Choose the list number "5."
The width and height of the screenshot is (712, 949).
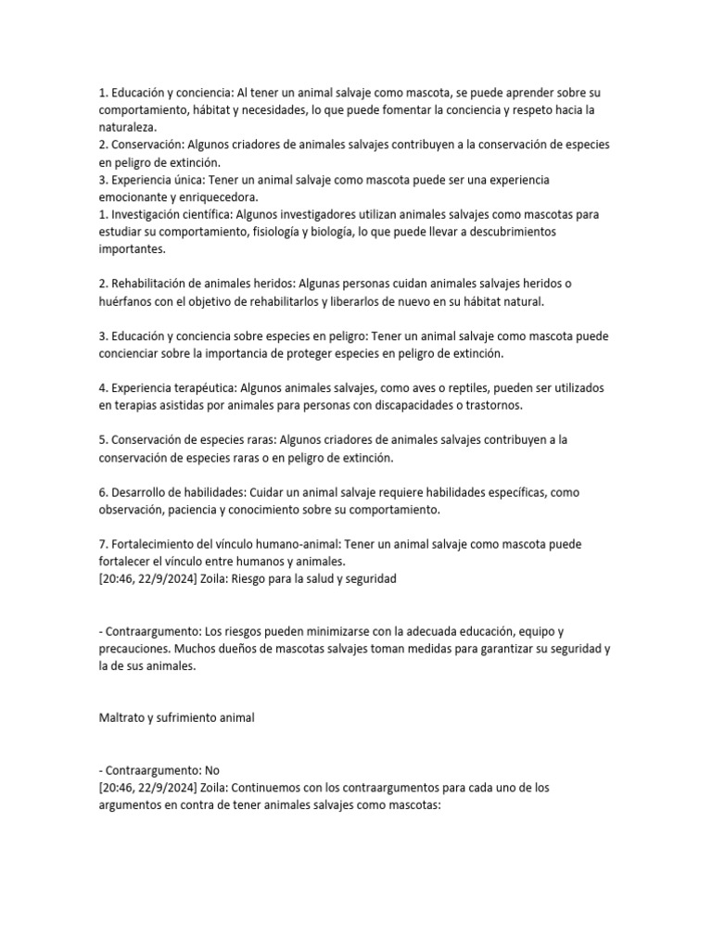(103, 440)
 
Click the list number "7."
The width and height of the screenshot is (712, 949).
(103, 543)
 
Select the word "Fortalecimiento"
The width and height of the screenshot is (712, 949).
(159, 543)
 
